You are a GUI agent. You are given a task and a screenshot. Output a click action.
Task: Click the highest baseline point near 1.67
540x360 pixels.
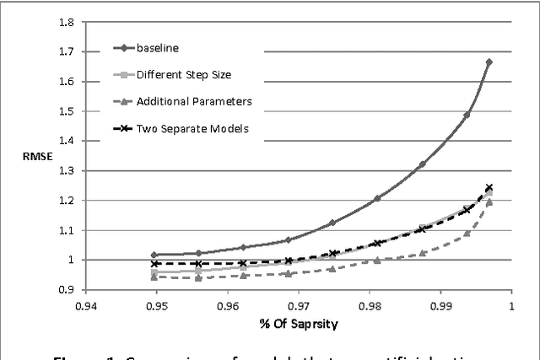489,62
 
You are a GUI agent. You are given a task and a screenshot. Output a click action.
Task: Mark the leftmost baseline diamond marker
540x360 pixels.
154,255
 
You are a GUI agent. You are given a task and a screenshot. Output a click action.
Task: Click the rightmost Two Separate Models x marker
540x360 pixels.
489,188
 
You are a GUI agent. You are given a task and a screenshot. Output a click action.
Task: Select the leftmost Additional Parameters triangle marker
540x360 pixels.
154,277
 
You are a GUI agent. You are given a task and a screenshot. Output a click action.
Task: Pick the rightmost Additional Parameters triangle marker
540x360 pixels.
489,202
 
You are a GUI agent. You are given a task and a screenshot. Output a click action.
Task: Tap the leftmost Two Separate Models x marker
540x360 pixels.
154,264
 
